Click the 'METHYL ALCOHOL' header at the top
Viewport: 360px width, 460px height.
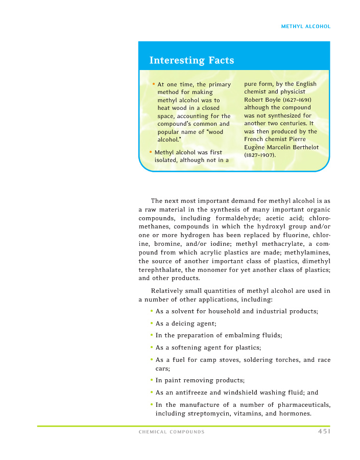306,27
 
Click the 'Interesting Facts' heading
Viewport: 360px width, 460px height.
191,60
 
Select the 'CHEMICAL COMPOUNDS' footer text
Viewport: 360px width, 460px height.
172,432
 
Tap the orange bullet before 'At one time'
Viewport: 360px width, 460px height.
154,84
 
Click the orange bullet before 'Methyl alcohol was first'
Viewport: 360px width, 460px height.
151,152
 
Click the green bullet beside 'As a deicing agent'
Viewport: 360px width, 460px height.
152,323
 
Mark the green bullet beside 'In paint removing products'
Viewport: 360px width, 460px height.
152,380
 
